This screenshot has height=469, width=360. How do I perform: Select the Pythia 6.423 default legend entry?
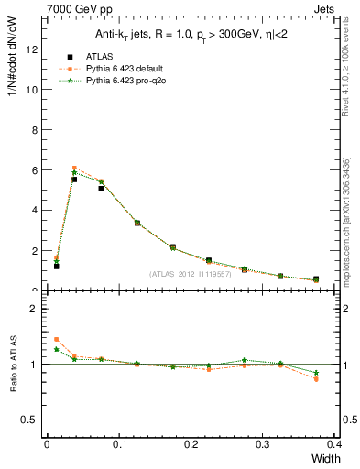pos(119,68)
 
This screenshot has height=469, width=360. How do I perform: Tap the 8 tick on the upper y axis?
pos(33,130)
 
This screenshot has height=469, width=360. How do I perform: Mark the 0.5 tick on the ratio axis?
pos(29,420)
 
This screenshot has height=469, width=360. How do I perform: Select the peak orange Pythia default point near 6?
pos(74,168)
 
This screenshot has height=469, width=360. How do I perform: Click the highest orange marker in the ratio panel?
pos(56,339)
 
